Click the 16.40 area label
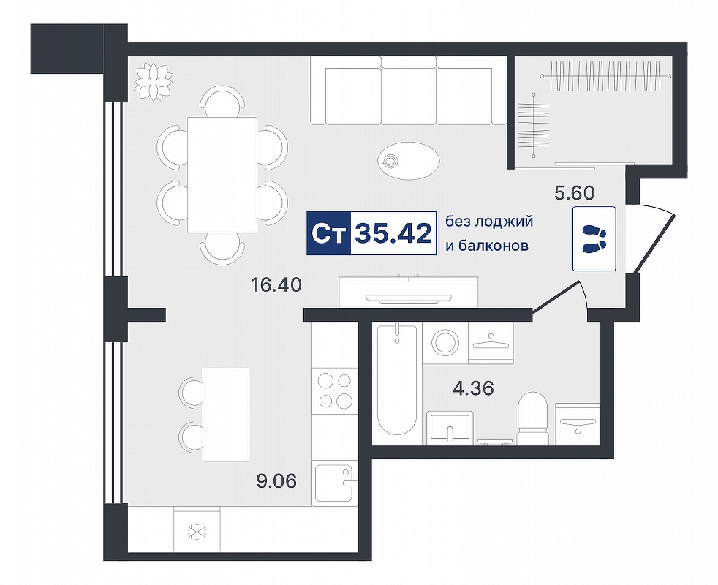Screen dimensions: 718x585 click(x=276, y=285)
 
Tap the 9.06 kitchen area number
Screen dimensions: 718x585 click(x=276, y=481)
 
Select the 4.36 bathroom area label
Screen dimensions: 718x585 click(x=472, y=389)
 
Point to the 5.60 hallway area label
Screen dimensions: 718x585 click(x=574, y=193)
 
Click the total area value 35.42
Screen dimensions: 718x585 click(x=393, y=233)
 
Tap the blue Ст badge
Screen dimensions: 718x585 click(x=328, y=233)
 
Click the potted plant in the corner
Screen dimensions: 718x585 click(x=154, y=80)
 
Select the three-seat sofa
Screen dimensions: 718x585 click(x=407, y=90)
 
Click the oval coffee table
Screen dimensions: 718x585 click(x=409, y=160)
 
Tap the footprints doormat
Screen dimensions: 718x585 click(x=594, y=238)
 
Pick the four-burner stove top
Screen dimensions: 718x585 click(x=335, y=390)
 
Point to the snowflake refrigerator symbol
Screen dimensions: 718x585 click(x=197, y=531)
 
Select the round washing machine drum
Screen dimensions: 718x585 click(x=445, y=342)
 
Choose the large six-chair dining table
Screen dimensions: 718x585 click(x=222, y=175)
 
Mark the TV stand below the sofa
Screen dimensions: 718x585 click(x=409, y=291)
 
